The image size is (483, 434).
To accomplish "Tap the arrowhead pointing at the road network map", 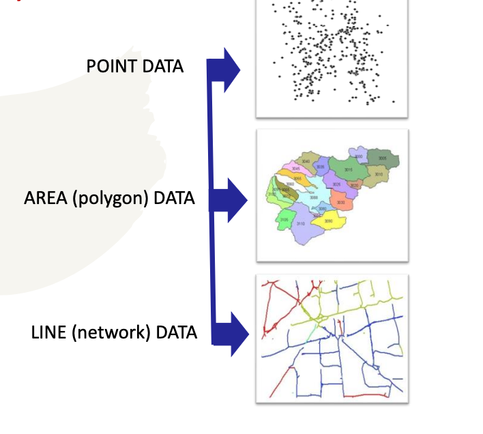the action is (235, 333).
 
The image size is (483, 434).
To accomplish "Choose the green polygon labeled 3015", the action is (348, 169).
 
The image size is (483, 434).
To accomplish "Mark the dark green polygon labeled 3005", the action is (382, 158).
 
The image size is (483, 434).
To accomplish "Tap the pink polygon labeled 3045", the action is (295, 168).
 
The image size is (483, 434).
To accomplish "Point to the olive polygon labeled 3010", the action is (377, 176).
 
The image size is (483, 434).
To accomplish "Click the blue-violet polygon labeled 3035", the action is (321, 167).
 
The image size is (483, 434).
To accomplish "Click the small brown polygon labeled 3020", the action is (354, 185).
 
